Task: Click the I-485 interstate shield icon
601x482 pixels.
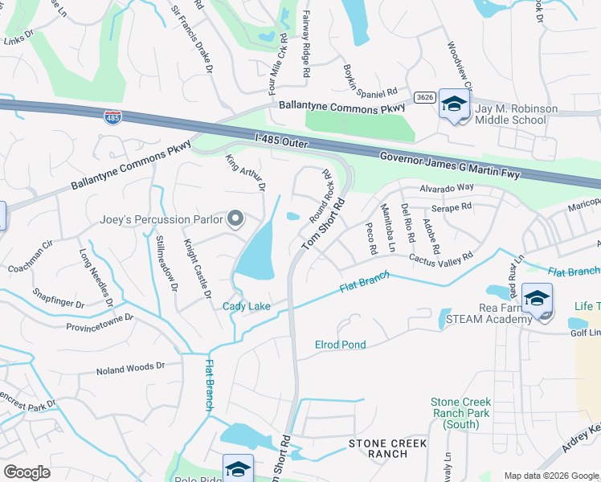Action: pyautogui.click(x=113, y=117)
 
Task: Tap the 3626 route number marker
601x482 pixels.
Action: pyautogui.click(x=425, y=97)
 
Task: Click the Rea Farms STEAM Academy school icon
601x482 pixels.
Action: pyautogui.click(x=537, y=299)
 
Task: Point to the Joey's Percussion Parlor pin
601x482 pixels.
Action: pyautogui.click(x=235, y=219)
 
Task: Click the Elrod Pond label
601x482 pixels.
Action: pyautogui.click(x=340, y=345)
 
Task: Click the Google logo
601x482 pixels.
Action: pyautogui.click(x=27, y=472)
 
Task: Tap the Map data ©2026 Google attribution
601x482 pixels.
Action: pyautogui.click(x=550, y=476)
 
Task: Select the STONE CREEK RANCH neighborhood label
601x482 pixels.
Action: pyautogui.click(x=388, y=448)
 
